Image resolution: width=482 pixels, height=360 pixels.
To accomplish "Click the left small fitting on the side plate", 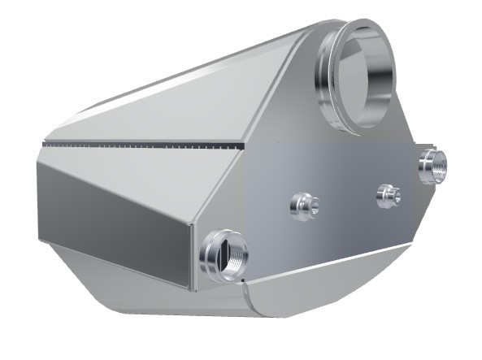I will tap(304, 206).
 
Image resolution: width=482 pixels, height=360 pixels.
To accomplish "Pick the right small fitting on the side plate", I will tap(389, 195).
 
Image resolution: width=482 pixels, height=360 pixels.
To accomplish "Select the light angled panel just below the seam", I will tap(138, 167).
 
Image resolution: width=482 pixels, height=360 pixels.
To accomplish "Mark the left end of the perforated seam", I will tap(45, 142).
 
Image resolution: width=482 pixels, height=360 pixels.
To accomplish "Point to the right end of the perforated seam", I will tap(241, 149).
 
